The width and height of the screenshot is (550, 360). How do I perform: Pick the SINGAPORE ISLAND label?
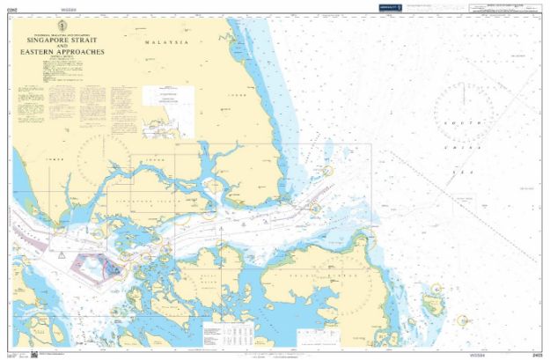143,214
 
